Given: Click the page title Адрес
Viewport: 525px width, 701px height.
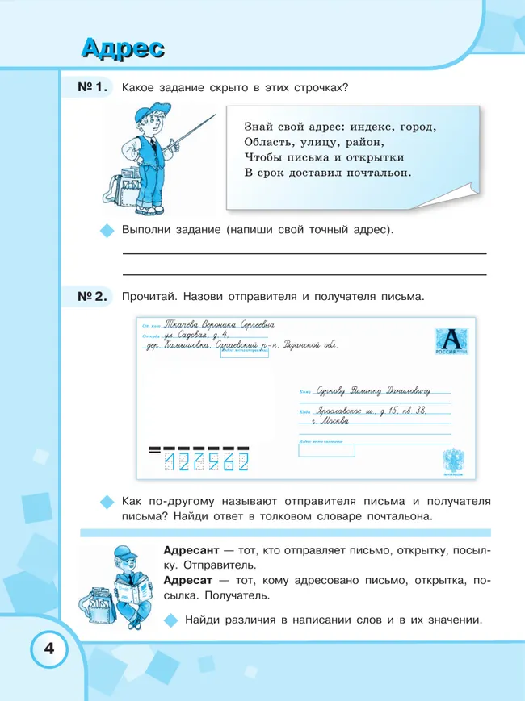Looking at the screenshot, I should click(x=122, y=48).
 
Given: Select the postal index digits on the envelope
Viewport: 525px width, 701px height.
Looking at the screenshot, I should click(x=205, y=461).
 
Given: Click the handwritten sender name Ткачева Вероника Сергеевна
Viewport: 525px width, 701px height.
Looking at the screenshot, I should click(x=219, y=324).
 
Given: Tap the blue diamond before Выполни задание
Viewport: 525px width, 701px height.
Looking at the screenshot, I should click(x=106, y=231).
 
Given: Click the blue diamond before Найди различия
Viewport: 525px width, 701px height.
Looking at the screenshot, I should click(x=170, y=620).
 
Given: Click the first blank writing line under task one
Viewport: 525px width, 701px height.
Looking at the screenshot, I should click(x=304, y=254).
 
